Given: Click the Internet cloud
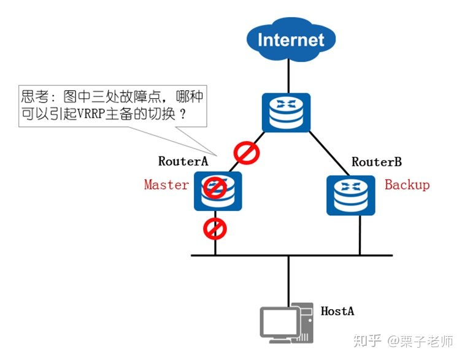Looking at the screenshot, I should [x=291, y=40].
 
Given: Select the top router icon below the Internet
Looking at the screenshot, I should [x=286, y=112].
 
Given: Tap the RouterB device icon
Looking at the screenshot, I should [x=350, y=195].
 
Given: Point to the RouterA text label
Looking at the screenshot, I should [x=183, y=162].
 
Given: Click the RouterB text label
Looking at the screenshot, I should [x=377, y=162].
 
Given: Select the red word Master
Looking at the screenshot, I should [x=166, y=185].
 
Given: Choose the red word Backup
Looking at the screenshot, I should [x=407, y=185].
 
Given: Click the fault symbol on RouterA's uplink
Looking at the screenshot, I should [x=246, y=153].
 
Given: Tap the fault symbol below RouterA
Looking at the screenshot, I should [x=215, y=229].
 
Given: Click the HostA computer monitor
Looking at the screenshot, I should [x=279, y=323].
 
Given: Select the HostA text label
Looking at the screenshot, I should [x=337, y=311].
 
